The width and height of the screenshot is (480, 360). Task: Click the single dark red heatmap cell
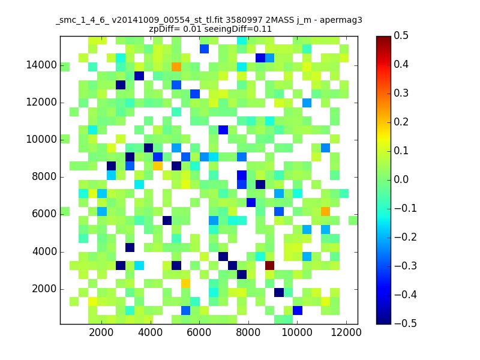(x=269, y=265)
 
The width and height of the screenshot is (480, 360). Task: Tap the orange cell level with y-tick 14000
(x=176, y=67)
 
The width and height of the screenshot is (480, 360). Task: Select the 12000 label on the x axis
(x=346, y=332)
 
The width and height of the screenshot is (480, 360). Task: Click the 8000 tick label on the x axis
(x=248, y=332)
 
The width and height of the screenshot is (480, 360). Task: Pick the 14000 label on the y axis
(x=41, y=65)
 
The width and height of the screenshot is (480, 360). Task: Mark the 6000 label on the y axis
(x=44, y=214)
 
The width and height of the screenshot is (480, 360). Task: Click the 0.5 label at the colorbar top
(x=401, y=35)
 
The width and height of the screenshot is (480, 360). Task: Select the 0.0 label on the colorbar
(x=401, y=179)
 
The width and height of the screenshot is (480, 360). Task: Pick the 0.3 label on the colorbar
(x=401, y=93)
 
